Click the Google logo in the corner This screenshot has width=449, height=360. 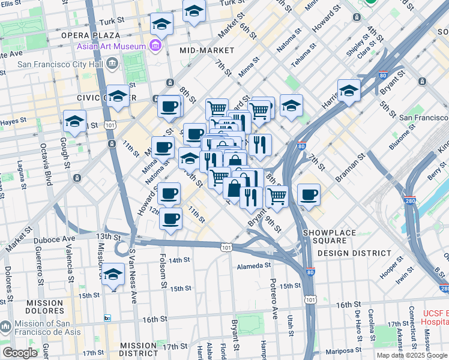coord(20,353)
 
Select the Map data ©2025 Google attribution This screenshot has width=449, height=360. coord(412,355)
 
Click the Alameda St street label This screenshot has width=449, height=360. coord(254,265)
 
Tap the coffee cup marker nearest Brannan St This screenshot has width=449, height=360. coord(309,194)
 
